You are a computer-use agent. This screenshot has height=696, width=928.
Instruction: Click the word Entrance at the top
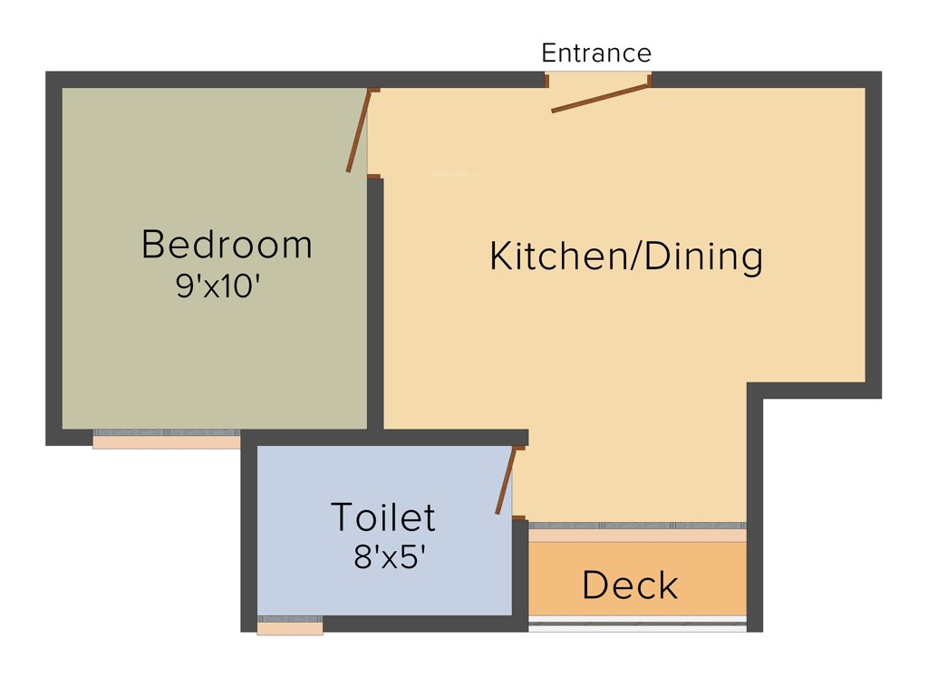click(x=596, y=53)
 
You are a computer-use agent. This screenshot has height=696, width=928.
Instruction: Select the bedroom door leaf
click(x=358, y=130)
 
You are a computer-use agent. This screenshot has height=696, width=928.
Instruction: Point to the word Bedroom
click(x=227, y=245)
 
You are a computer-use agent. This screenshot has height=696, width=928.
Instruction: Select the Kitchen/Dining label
click(x=626, y=256)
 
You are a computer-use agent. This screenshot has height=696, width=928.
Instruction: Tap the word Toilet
click(x=383, y=517)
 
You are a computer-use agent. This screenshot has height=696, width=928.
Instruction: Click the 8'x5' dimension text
click(x=390, y=556)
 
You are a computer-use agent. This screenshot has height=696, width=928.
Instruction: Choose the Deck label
click(x=630, y=585)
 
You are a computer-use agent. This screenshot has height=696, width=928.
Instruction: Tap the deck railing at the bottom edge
click(x=637, y=624)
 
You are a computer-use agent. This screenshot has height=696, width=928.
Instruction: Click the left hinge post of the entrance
click(x=546, y=81)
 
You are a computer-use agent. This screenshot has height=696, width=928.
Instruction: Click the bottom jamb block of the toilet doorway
click(x=518, y=517)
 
